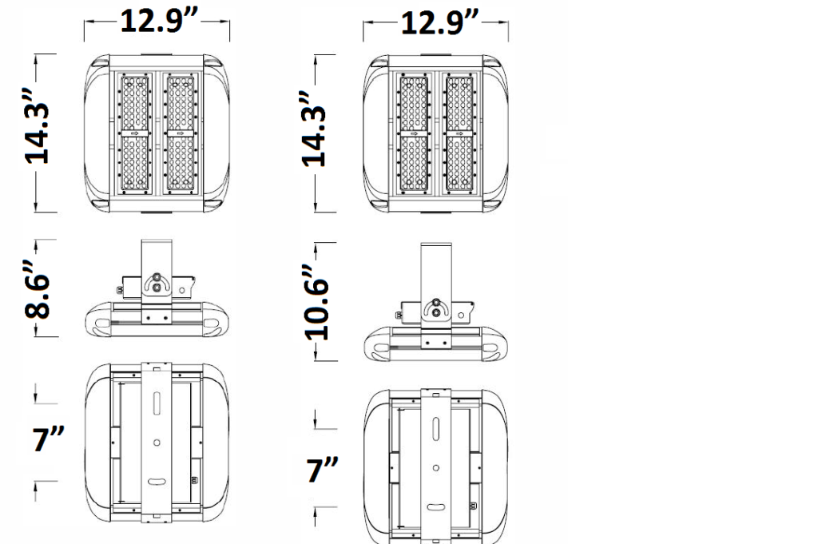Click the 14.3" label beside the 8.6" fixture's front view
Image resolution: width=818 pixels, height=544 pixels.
coord(38,133)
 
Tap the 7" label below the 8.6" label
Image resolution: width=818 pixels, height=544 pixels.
coord(47,439)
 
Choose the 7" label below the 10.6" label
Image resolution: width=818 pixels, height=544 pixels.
coord(324,470)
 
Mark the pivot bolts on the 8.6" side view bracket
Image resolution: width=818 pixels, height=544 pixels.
coord(157,285)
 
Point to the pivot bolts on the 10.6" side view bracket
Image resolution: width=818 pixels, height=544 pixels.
coord(437,308)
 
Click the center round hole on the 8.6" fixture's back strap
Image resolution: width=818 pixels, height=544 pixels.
coord(157,442)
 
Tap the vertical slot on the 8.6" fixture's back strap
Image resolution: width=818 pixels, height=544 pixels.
coord(157,400)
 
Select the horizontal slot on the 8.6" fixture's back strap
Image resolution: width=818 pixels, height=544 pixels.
coord(157,481)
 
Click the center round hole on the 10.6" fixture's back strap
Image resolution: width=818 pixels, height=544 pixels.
coord(435,467)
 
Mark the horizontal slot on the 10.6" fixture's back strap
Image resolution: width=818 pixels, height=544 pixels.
coord(435,506)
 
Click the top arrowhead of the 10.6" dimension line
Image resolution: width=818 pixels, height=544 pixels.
coord(316,240)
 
